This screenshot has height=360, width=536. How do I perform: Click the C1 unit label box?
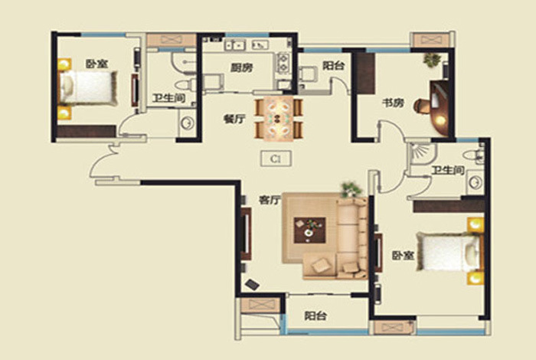pyautogui.click(x=276, y=159)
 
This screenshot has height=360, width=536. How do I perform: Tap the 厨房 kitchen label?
pyautogui.click(x=242, y=67)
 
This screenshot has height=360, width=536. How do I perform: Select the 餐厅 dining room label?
pyautogui.click(x=234, y=119)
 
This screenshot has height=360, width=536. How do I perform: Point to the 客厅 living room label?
pyautogui.click(x=270, y=200)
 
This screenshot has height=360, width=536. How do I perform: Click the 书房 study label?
pyautogui.click(x=393, y=103)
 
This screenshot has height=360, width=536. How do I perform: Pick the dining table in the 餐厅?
pyautogui.click(x=279, y=118)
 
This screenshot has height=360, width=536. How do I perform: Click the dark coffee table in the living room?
pyautogui.click(x=309, y=230)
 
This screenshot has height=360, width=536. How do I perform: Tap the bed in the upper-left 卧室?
pyautogui.click(x=88, y=88)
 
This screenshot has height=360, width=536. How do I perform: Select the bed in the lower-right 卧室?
pyautogui.click(x=448, y=252)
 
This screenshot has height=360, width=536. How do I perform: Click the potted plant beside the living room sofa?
pyautogui.click(x=351, y=189)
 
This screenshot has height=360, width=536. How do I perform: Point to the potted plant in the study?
pyautogui.click(x=432, y=60)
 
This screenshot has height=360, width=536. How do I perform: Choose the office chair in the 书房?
pyautogui.click(x=422, y=106)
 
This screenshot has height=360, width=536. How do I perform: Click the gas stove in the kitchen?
pyautogui.click(x=283, y=63)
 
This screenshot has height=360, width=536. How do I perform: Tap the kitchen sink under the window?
pyautogui.click(x=235, y=44)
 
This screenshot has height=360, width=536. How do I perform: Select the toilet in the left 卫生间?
pyautogui.click(x=185, y=85)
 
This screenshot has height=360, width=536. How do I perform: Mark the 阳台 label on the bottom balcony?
pyautogui.click(x=315, y=316)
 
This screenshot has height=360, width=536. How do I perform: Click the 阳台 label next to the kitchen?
pyautogui.click(x=333, y=65)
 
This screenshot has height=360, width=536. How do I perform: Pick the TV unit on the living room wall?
pyautogui.click(x=246, y=234)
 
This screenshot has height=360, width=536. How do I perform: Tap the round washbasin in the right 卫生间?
pyautogui.click(x=476, y=182)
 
